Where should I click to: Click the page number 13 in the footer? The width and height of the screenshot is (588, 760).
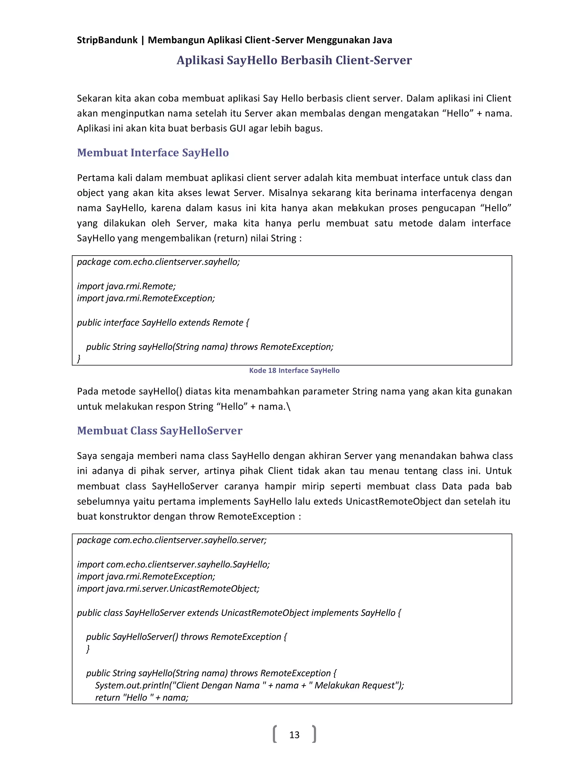tap(294, 734)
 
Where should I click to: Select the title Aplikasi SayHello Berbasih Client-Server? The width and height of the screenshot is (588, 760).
tap(294, 60)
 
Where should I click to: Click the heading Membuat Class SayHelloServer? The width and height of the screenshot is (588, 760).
tap(160, 430)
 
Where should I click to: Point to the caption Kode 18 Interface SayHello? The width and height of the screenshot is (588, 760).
tap(294, 371)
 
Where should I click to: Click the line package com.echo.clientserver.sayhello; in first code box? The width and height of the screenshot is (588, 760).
tap(158, 262)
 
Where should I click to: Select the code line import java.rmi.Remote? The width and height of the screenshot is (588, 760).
tap(126, 286)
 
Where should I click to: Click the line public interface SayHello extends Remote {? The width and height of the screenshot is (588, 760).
tap(163, 323)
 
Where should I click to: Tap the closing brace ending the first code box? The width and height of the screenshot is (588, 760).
tap(79, 358)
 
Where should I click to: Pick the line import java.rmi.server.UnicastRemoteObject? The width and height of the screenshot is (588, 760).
tap(168, 588)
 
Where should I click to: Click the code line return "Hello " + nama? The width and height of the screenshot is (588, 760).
tap(142, 697)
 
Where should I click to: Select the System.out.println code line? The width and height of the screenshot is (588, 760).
tap(249, 685)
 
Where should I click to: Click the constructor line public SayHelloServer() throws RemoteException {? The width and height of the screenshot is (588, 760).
tap(186, 637)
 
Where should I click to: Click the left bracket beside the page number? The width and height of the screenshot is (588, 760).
tap(275, 734)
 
